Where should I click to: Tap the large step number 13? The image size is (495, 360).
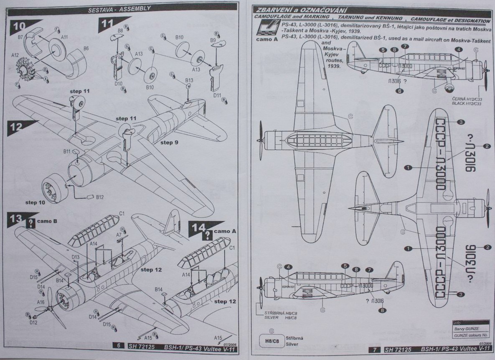tap(15, 219)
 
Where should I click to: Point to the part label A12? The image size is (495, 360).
tap(15, 55)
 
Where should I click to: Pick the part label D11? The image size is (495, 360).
tap(217, 95)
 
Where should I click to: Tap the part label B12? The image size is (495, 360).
tap(100, 197)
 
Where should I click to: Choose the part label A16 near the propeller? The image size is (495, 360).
tap(41, 302)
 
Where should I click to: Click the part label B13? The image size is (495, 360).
tap(189, 80)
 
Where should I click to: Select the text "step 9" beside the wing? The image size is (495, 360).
tap(169, 143)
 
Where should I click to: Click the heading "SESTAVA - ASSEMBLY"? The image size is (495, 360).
tap(119, 8)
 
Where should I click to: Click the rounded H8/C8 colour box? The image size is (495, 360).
tap(272, 340)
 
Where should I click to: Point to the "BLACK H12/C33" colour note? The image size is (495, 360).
tap(467, 103)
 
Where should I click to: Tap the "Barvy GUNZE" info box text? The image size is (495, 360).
tap(465, 329)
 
